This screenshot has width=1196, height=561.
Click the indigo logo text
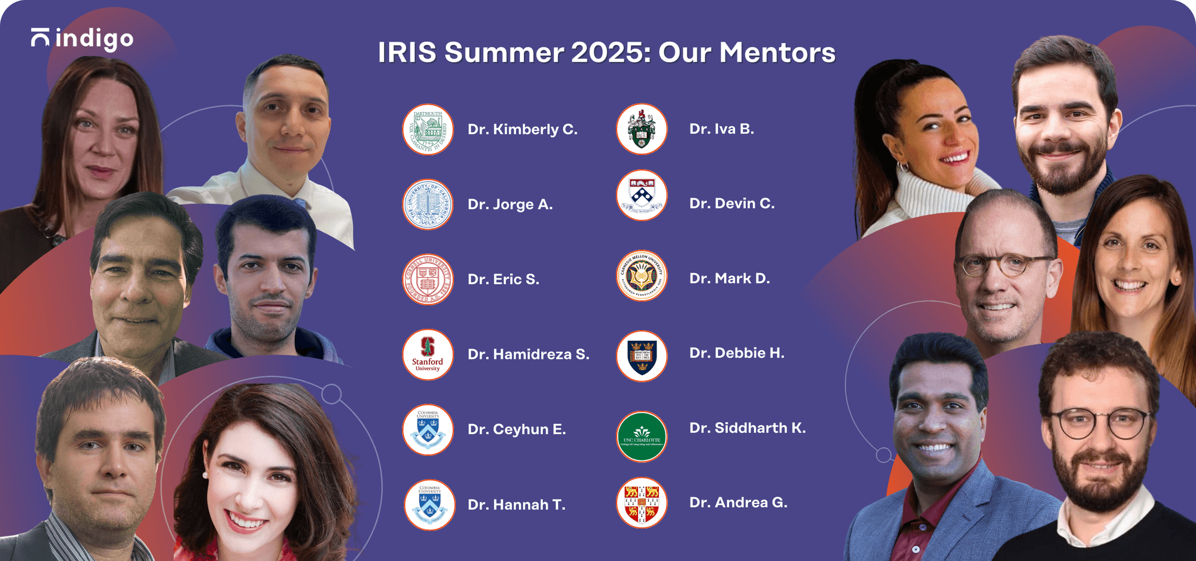pyautogui.click(x=94, y=39)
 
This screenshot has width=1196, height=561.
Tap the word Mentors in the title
pyautogui.click(x=777, y=53)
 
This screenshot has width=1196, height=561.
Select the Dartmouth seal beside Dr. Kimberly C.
pyautogui.click(x=428, y=130)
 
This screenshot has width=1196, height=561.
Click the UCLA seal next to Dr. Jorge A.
pyautogui.click(x=428, y=205)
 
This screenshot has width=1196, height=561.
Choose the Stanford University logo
pyautogui.click(x=428, y=355)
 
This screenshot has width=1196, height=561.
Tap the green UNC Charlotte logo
pyautogui.click(x=642, y=437)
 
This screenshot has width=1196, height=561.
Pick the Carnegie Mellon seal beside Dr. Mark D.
pyautogui.click(x=642, y=276)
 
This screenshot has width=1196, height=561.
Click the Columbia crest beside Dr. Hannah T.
pyautogui.click(x=429, y=505)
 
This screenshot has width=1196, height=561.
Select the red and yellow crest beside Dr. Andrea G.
pyautogui.click(x=642, y=503)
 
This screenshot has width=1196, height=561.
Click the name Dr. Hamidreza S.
pyautogui.click(x=528, y=355)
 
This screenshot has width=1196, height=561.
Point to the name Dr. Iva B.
pyautogui.click(x=721, y=129)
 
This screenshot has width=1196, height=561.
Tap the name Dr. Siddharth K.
pyautogui.click(x=747, y=428)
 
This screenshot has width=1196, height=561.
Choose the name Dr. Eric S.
pyautogui.click(x=503, y=279)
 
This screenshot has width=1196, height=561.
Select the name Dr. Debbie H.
pyautogui.click(x=736, y=353)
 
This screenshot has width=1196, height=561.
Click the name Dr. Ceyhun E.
pyautogui.click(x=516, y=429)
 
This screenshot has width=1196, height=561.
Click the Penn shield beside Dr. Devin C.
pyautogui.click(x=642, y=196)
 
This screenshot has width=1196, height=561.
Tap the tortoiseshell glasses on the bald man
pyautogui.click(x=1005, y=263)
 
